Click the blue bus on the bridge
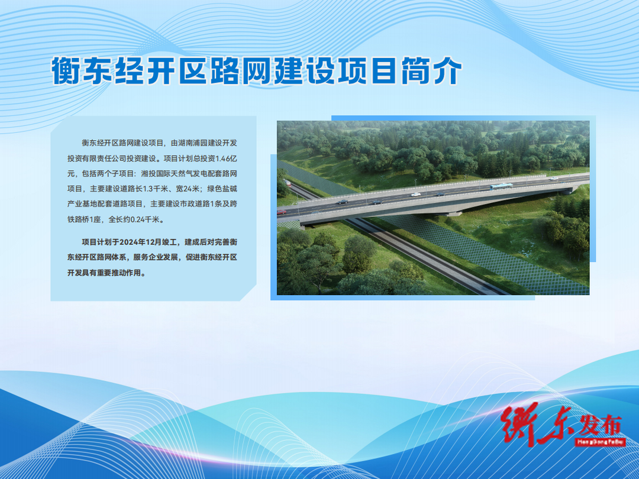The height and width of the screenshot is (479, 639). (x=501, y=186)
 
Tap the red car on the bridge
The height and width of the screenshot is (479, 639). (x=281, y=212)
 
